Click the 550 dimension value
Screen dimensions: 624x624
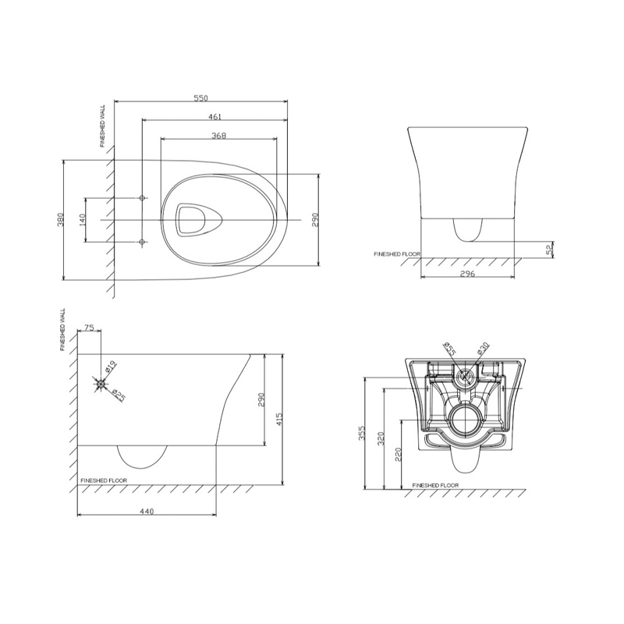201,98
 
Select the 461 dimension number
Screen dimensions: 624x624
215,116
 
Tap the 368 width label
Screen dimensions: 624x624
219,136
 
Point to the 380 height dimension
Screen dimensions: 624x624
61,220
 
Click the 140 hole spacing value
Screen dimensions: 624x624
83,220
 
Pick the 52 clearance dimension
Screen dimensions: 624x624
550,250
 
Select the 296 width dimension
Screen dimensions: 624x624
467,274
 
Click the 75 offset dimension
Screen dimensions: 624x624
90,328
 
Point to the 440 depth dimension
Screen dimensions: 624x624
147,512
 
